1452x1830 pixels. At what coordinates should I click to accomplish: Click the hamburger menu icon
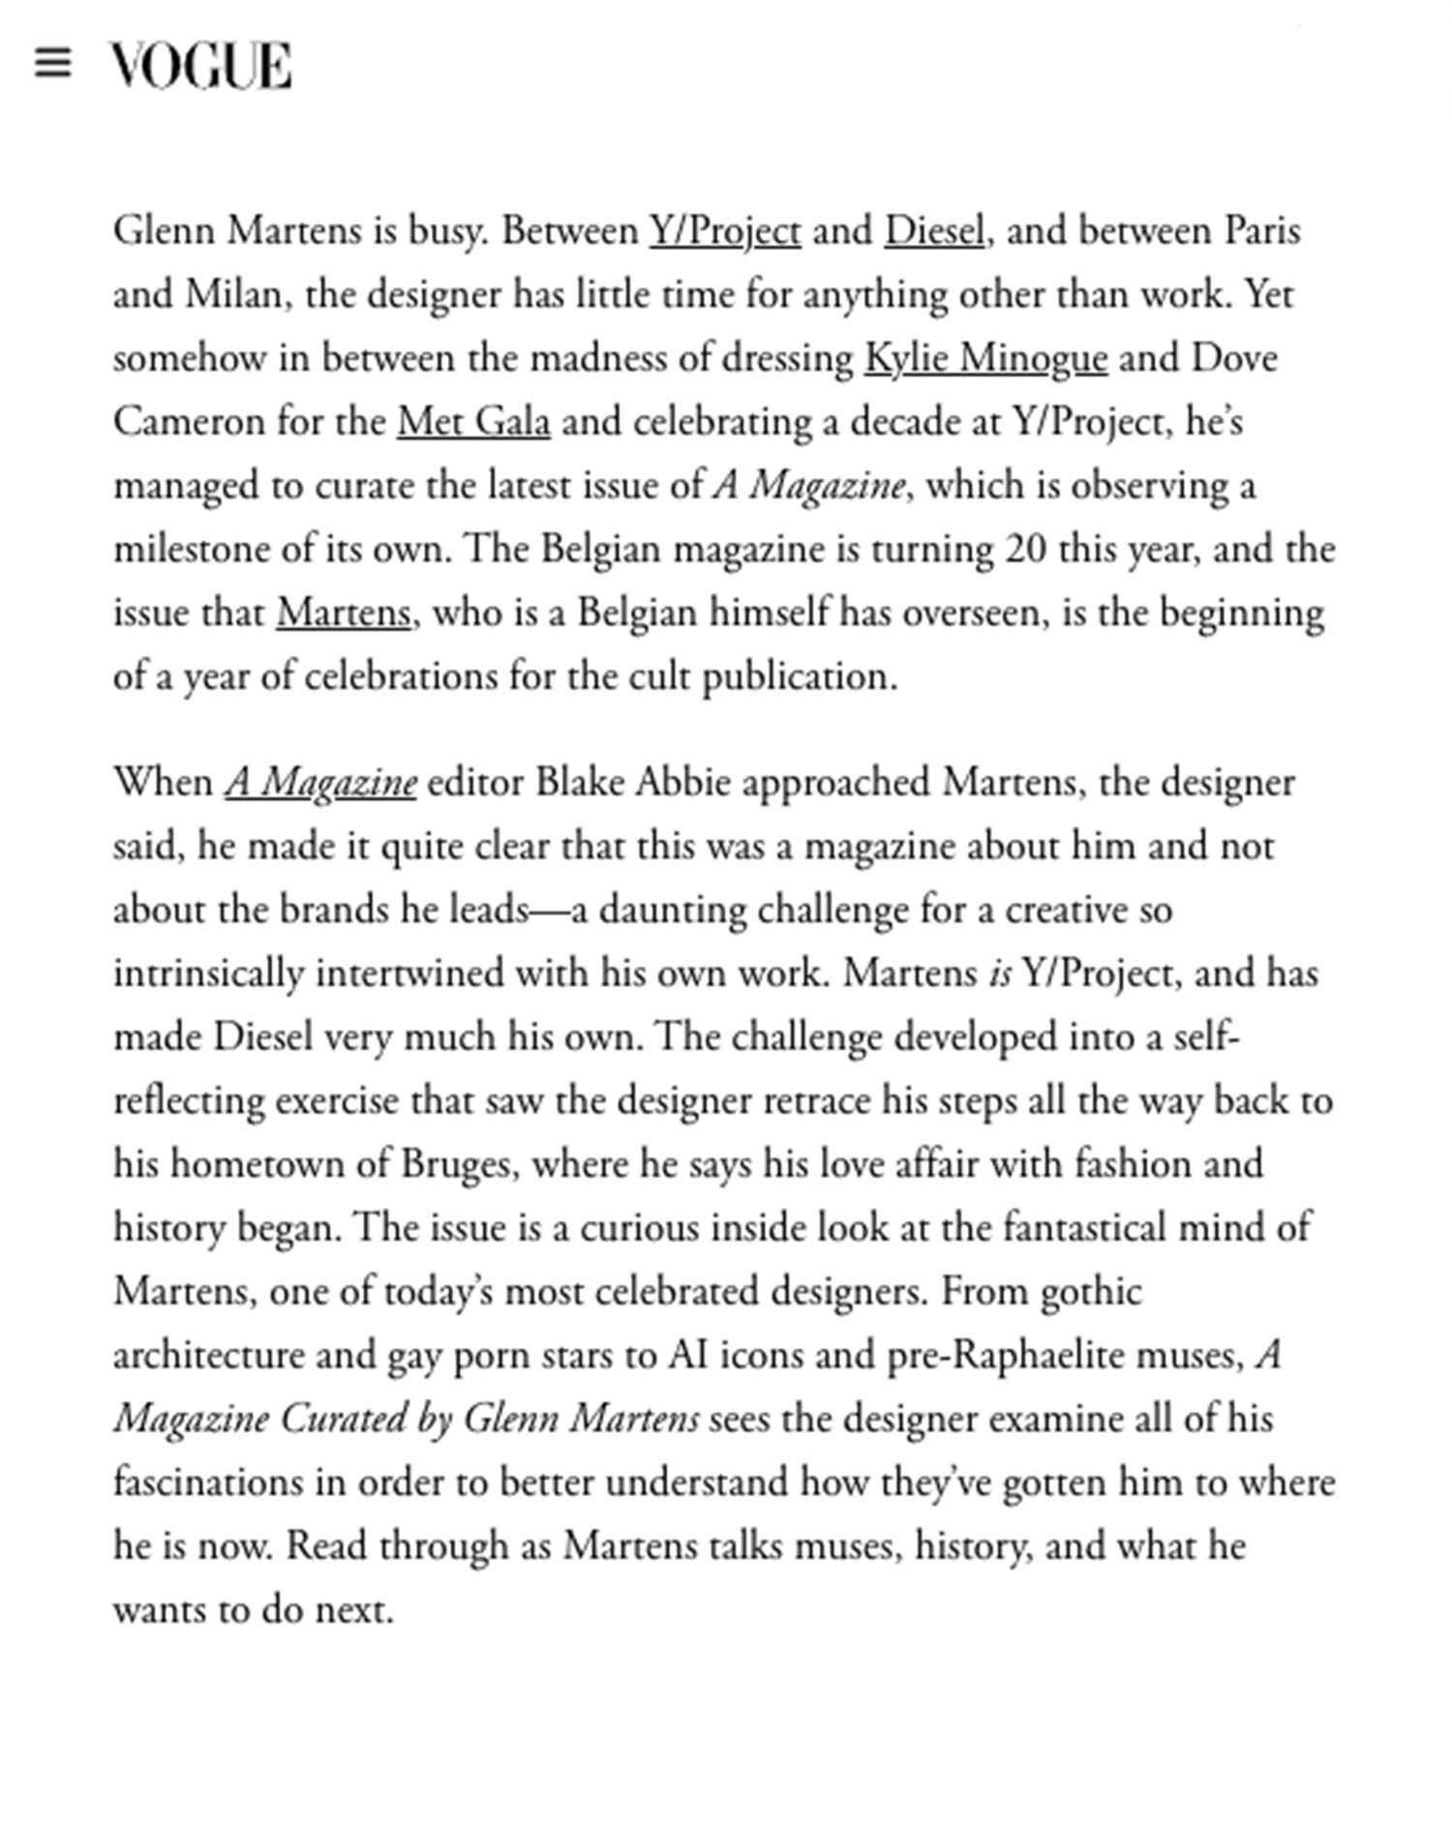tap(52, 64)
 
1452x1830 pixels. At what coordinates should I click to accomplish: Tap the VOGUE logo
tap(199, 66)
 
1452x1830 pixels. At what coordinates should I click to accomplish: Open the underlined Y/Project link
tap(724, 232)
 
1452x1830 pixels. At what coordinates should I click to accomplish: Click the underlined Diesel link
tap(934, 232)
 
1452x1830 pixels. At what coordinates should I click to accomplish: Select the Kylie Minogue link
tap(984, 359)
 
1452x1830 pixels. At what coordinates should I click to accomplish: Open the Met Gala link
tap(473, 423)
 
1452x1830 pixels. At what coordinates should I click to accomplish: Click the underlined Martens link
tap(344, 614)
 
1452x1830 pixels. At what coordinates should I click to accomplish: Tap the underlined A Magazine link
tap(320, 783)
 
